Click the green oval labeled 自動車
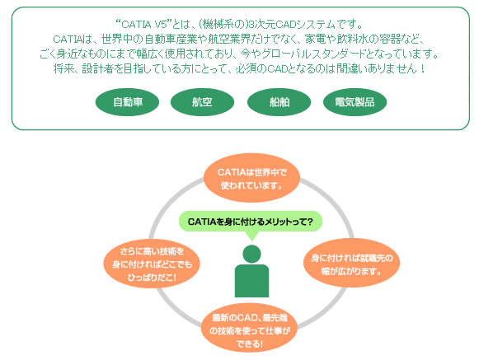click(127, 102)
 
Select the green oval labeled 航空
click(202, 102)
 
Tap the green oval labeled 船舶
click(279, 102)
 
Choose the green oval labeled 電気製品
click(355, 102)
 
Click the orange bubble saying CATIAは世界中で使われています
click(251, 178)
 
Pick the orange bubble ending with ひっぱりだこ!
click(152, 264)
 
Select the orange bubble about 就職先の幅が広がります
click(351, 264)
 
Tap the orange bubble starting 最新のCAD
click(249, 329)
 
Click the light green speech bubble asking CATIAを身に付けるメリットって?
click(251, 222)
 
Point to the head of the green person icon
click(251, 254)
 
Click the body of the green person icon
click(251, 281)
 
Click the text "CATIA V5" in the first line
click(143, 24)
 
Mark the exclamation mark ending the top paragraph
click(422, 68)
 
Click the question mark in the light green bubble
click(309, 222)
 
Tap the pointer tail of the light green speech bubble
click(251, 236)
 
